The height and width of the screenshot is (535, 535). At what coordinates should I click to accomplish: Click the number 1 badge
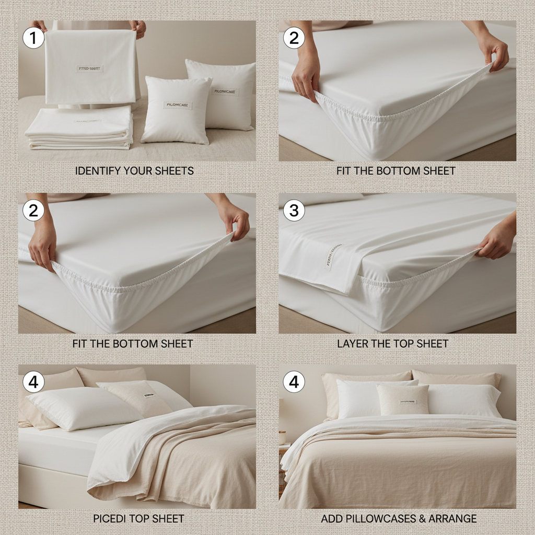pos(33,38)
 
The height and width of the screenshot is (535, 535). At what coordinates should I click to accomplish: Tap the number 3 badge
pos(294,210)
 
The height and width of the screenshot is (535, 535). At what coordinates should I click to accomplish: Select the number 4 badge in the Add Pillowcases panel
pos(294,382)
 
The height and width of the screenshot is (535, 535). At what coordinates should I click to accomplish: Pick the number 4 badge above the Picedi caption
pos(33,382)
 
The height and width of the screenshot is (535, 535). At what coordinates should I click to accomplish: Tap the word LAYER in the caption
pos(354,344)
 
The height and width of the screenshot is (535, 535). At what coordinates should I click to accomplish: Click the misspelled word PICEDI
pos(110,519)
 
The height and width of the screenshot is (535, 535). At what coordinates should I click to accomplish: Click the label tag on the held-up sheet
pos(90,68)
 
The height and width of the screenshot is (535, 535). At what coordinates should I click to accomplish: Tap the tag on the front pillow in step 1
pos(178,106)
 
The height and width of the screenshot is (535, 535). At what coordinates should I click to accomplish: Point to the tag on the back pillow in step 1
pos(226,91)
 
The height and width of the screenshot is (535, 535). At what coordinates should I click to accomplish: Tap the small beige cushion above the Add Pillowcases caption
pos(403,400)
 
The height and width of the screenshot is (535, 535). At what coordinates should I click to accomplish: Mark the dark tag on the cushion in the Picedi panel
pos(148,396)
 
